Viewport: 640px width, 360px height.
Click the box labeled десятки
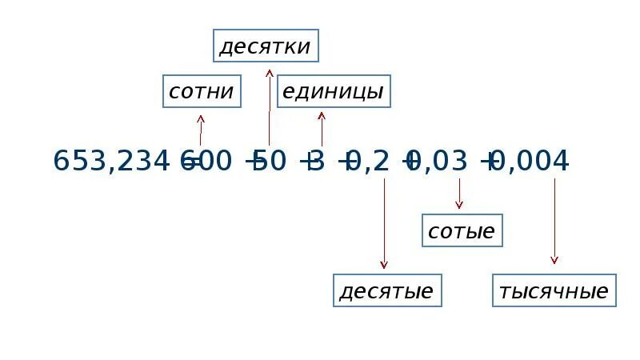click(x=266, y=46)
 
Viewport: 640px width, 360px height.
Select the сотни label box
click(x=201, y=92)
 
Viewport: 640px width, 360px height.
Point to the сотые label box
click(x=462, y=231)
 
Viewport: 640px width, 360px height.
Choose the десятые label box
click(x=387, y=290)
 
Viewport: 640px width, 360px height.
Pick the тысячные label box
click(x=554, y=290)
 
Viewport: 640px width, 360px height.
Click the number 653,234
click(x=111, y=162)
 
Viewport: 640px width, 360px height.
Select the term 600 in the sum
click(x=206, y=162)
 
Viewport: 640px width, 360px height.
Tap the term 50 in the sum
click(x=270, y=162)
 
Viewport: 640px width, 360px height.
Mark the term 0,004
click(x=532, y=162)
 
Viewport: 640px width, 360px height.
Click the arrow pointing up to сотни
click(x=201, y=130)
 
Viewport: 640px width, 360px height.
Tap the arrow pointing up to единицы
click(x=322, y=128)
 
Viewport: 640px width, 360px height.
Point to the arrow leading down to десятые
click(x=384, y=224)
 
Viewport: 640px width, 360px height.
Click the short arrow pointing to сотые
click(x=459, y=194)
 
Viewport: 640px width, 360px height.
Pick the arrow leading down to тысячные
click(x=554, y=221)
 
